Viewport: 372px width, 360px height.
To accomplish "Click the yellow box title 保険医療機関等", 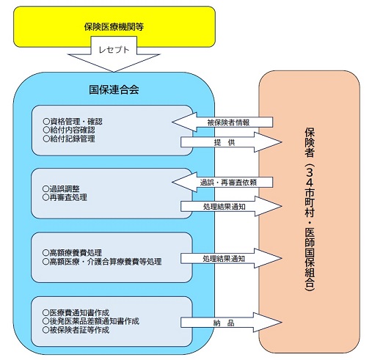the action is click(114, 26).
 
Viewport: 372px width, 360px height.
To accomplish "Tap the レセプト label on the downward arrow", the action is click(114, 50).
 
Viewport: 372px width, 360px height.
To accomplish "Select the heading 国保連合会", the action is click(114, 89).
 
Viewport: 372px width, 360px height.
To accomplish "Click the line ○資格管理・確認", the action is click(73, 122).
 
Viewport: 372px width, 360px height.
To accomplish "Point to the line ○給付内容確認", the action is click(69, 130).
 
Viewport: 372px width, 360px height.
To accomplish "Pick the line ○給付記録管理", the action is click(69, 139).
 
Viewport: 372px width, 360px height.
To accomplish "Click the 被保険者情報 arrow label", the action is click(228, 122).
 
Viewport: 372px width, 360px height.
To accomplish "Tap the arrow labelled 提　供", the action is click(231, 142).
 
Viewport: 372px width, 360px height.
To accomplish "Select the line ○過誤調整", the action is click(61, 188).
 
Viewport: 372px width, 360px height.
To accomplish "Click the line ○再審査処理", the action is click(65, 197).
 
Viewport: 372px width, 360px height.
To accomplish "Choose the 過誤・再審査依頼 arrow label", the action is click(228, 183).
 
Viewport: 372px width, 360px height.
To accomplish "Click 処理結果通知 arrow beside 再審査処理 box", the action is click(231, 206).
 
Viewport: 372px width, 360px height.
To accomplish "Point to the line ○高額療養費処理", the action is click(72, 253).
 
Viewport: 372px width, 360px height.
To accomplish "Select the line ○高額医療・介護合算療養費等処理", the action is click(102, 262).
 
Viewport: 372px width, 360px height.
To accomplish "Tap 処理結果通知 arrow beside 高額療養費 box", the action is click(231, 258).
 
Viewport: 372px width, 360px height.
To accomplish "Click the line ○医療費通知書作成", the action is click(76, 312).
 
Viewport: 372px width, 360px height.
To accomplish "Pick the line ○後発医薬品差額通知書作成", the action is click(91, 321).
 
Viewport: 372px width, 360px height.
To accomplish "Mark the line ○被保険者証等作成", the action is click(76, 330).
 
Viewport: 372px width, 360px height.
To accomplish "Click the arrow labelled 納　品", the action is click(231, 323).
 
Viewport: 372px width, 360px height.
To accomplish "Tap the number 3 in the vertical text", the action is click(310, 173).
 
